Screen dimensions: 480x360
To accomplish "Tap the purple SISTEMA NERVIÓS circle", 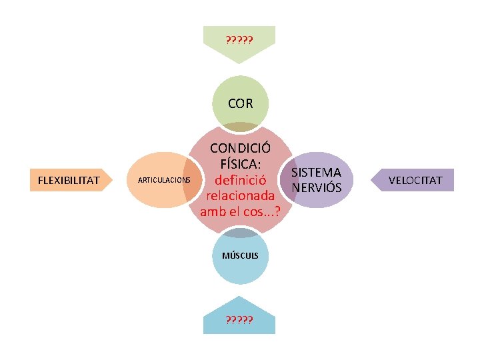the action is coord(319,180).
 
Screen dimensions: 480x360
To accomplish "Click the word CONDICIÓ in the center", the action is coord(240,148).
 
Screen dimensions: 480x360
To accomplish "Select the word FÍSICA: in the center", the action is coord(240,163).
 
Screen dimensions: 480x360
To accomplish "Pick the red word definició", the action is coord(240,180).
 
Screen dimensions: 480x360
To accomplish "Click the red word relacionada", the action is coord(240,196).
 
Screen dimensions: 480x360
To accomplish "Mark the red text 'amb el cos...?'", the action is coord(240,212).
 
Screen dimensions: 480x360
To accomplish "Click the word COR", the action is coord(240,103).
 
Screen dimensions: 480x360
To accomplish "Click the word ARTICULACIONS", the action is coord(164,181).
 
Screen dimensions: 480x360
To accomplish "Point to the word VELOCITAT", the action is coord(416,180).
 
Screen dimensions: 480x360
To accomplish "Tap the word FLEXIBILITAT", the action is coord(69,180).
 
